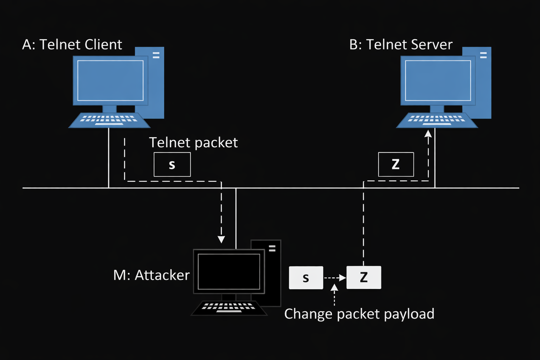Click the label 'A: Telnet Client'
pos(72,45)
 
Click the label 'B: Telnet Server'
pos(401,45)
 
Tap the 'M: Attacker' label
pos(151,275)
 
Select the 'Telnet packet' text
pos(193,143)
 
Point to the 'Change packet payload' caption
pos(359,314)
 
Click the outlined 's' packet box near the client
pos(172,165)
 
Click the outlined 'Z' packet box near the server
pos(396,165)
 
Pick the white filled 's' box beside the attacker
pos(306,278)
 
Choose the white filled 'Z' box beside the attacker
pos(364,278)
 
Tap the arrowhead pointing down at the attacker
pos(221,240)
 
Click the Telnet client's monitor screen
pos(110,81)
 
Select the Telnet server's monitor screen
pos(438,81)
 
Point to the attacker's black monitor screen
pos(229,271)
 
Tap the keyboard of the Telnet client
pos(109,120)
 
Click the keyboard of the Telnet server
pos(437,120)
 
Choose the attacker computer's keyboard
pos(229,308)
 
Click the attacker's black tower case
pos(272,274)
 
